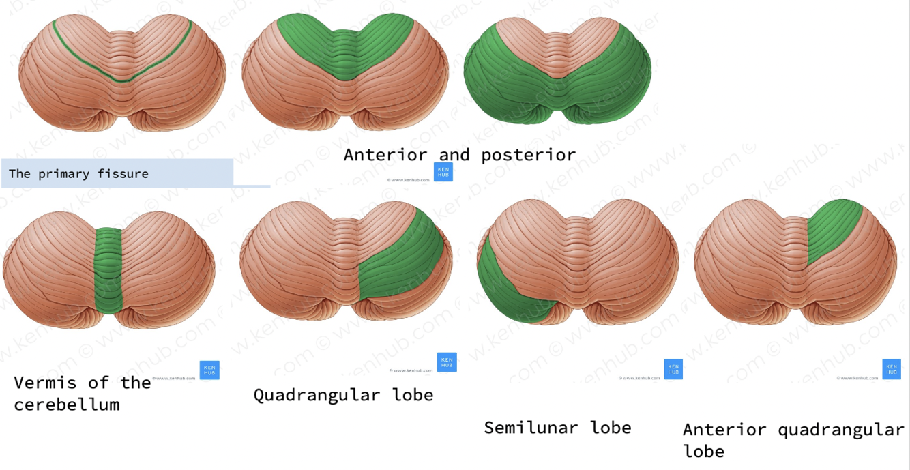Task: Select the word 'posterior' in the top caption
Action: [x=528, y=155]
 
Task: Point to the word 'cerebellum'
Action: [x=67, y=405]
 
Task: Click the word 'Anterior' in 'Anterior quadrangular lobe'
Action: [x=725, y=430]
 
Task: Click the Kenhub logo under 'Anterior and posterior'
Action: [x=443, y=172]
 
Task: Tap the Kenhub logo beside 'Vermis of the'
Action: [x=209, y=370]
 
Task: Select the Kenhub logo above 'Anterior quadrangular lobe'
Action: [x=892, y=369]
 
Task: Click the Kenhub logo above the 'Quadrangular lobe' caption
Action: [x=447, y=362]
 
